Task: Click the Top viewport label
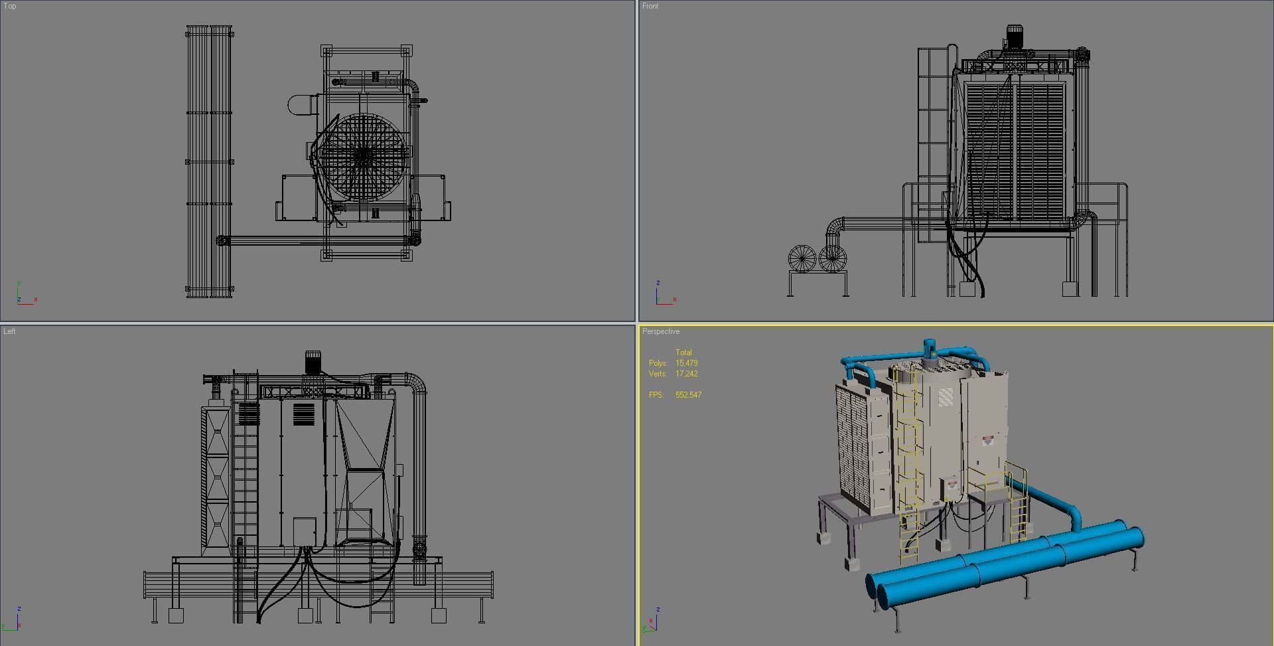click(x=10, y=6)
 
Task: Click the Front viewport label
click(x=650, y=6)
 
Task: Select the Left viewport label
click(x=9, y=331)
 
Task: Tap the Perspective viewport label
click(x=661, y=331)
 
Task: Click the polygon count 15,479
click(x=686, y=363)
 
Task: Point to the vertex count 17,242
click(x=686, y=374)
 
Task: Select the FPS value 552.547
click(x=688, y=395)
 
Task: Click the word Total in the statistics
click(x=683, y=353)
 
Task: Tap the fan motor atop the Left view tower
click(x=313, y=362)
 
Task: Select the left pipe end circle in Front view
click(x=802, y=258)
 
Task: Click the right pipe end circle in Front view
click(x=832, y=258)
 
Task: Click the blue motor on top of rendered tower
click(x=929, y=348)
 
